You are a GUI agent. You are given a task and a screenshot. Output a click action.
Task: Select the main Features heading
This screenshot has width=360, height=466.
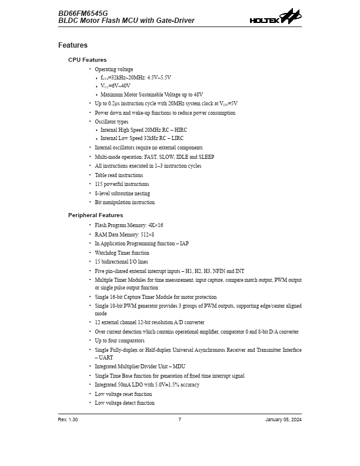[x=73, y=45]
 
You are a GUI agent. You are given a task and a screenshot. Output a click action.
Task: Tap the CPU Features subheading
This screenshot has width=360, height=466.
[x=88, y=60]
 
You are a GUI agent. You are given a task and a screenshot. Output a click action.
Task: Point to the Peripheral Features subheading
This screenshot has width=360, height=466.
[x=96, y=215]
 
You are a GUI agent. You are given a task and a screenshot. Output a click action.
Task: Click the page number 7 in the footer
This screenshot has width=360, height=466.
[x=180, y=420]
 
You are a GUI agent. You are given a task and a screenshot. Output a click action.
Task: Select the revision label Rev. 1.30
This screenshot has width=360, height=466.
[x=68, y=420]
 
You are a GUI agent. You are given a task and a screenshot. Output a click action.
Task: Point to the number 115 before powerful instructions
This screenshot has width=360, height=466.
[x=99, y=184]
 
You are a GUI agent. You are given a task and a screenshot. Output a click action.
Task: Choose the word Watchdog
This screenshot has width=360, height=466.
[x=106, y=253]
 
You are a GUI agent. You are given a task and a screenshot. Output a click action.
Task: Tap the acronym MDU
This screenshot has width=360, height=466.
[x=178, y=367]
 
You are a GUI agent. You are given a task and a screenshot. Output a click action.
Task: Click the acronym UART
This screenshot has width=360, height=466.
[x=106, y=357]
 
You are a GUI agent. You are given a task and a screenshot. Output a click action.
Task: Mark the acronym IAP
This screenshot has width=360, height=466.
[x=182, y=244]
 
